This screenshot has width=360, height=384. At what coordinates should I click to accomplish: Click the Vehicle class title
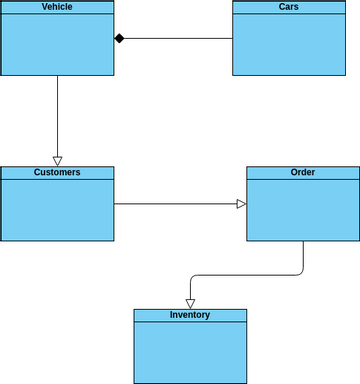point(57,7)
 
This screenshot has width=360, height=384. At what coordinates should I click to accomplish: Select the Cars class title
point(295,7)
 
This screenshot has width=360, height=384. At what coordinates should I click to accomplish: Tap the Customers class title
point(57,172)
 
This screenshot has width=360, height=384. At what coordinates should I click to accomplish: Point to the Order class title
point(302,172)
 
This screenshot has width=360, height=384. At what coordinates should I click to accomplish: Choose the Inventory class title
point(190,315)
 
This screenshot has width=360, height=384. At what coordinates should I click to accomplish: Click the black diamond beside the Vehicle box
point(119,39)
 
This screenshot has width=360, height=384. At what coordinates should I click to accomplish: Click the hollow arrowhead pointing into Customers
point(57,160)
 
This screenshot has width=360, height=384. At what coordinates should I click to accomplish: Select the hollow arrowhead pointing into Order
point(241,204)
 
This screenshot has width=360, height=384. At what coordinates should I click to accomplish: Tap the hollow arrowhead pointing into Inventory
point(190,303)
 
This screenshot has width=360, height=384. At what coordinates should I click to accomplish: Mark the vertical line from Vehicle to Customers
point(57,115)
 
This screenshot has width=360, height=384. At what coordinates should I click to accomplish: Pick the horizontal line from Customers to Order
point(175,204)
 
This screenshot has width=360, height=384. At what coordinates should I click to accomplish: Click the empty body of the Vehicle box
point(57,45)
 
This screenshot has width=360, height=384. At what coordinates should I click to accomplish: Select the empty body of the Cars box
point(295,45)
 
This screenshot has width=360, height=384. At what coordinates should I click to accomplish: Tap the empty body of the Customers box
point(57,209)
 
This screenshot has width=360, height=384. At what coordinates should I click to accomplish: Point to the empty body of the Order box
point(302,210)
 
